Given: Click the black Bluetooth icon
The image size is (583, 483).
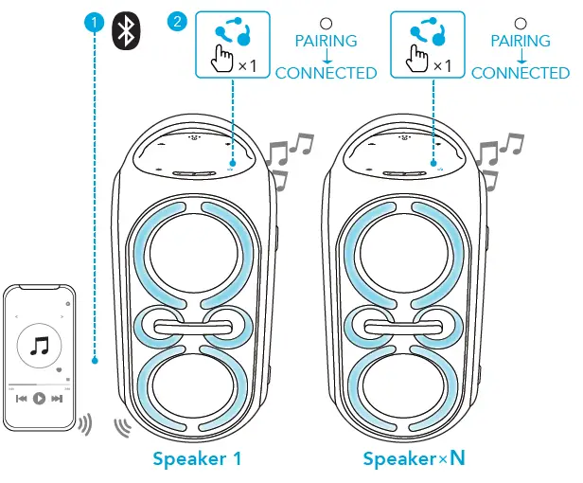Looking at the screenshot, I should [125, 30].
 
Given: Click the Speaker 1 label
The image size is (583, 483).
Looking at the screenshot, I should [197, 459].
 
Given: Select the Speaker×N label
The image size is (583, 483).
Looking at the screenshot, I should [415, 459].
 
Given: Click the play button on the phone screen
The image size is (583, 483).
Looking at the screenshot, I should [39, 399].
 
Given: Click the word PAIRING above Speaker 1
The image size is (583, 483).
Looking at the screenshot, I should [326, 41].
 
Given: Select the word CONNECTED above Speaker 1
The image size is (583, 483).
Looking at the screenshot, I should [326, 73].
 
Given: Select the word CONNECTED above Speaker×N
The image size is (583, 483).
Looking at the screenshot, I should [521, 73].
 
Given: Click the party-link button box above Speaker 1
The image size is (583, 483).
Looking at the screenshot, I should [232, 45].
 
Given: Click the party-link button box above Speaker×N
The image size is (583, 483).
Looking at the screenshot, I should [428, 45].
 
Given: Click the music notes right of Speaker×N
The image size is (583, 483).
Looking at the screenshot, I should [498, 156].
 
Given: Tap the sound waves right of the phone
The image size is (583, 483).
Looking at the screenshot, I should [85, 423].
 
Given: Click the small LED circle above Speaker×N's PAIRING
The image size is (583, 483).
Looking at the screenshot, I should [520, 22].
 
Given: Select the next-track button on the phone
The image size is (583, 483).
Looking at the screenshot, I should [57, 399].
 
